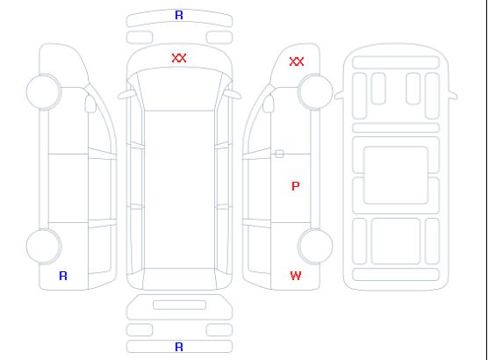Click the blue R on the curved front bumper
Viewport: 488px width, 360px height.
(x=179, y=15)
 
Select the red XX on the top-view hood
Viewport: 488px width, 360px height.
(x=179, y=58)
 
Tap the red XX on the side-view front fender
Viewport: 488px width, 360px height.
(x=297, y=61)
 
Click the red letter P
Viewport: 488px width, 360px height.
(x=296, y=186)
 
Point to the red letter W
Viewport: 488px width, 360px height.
(x=296, y=276)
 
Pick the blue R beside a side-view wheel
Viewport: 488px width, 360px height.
(x=63, y=276)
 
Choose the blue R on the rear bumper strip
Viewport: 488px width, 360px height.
(x=179, y=347)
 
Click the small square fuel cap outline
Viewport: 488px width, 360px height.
(x=279, y=154)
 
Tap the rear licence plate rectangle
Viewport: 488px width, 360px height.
(x=179, y=305)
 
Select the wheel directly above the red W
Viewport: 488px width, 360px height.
(x=316, y=247)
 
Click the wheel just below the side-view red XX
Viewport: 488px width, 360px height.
(x=316, y=92)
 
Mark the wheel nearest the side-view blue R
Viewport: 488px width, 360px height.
(x=44, y=247)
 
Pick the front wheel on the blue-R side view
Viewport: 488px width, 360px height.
(x=44, y=92)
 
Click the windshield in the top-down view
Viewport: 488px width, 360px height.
(x=180, y=90)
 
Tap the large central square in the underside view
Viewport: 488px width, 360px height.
(x=396, y=175)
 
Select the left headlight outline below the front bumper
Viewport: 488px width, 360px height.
(x=140, y=38)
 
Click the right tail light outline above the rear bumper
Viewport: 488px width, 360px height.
(x=219, y=330)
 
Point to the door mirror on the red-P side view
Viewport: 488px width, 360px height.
(x=268, y=104)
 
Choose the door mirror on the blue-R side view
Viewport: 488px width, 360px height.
(x=91, y=104)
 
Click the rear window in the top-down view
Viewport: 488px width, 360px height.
(x=180, y=278)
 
